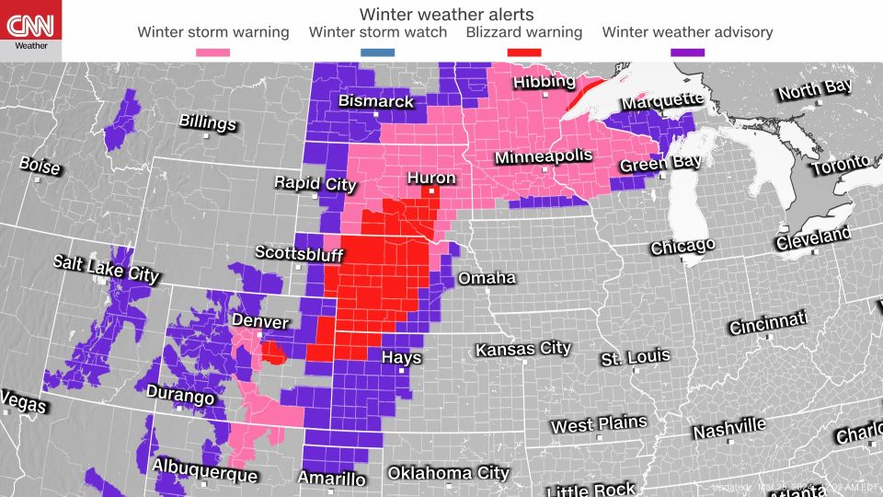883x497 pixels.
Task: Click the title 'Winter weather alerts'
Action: coord(446,14)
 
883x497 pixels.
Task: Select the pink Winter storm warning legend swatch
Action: coord(213,52)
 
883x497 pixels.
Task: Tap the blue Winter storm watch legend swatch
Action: coord(378,52)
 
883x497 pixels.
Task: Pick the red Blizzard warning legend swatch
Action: coord(524,52)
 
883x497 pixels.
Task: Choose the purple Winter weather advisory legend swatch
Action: coord(687,52)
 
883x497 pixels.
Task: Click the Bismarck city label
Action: coord(376,101)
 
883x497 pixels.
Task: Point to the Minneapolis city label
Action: coord(544,156)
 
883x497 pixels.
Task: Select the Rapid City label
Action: coord(315,183)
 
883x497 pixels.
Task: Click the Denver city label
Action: coord(259,321)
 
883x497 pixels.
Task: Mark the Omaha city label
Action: coord(487,278)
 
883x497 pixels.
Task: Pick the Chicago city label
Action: coord(682,247)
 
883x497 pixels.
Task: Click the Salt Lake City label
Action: coord(106,268)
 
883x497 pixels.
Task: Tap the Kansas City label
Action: coord(522,349)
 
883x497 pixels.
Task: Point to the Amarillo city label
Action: coord(331,478)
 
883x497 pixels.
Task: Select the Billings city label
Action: coord(207,122)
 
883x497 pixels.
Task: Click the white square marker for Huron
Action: coord(430,191)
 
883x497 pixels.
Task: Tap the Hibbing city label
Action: coord(544,82)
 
